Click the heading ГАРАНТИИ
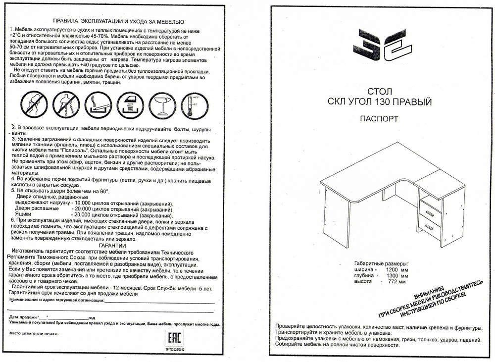point(112,245)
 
